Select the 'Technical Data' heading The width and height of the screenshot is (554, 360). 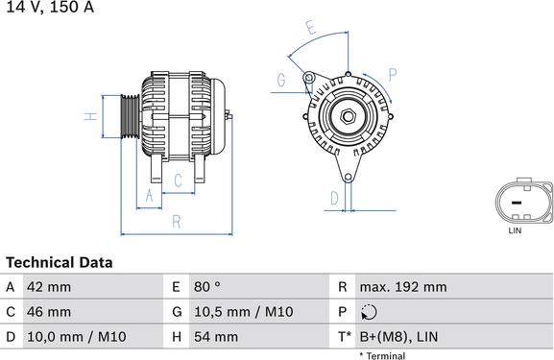pyautogui.click(x=60, y=262)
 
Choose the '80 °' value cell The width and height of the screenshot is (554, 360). pyautogui.click(x=208, y=287)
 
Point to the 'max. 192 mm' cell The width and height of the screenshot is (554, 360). pyautogui.click(x=402, y=287)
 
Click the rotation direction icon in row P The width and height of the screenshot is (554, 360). pyautogui.click(x=371, y=312)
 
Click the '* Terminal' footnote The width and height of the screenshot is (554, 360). pyautogui.click(x=382, y=355)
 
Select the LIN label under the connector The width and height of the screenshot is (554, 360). pyautogui.click(x=515, y=231)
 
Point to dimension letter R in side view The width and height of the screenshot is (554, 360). pyautogui.click(x=176, y=222)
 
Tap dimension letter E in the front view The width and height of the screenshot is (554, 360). pyautogui.click(x=309, y=28)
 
